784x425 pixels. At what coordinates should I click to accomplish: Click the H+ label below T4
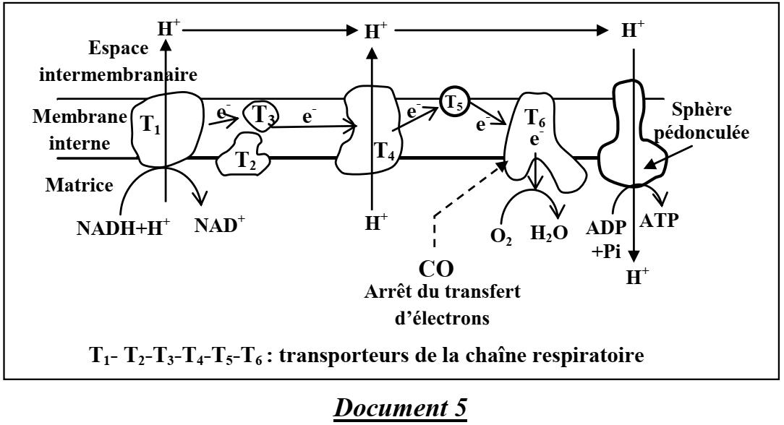372,222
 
